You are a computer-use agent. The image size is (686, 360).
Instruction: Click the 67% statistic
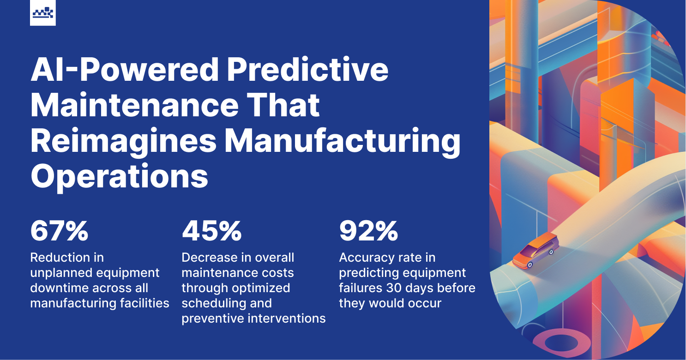coord(59,231)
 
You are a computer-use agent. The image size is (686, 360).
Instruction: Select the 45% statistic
coord(211,231)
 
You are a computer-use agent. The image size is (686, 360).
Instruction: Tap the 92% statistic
coord(368,231)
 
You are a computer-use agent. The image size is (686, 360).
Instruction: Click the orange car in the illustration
coord(536,251)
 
